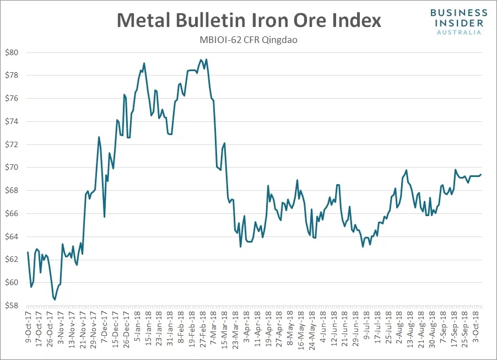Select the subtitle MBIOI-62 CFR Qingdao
pos(248,40)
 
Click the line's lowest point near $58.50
pos(55,300)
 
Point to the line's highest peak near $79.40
pos(206,60)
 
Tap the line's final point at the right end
pos(481,175)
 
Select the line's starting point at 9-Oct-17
pos(28,252)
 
